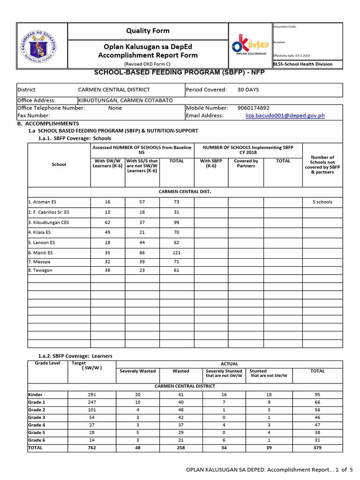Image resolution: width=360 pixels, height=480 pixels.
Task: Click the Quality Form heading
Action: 148,31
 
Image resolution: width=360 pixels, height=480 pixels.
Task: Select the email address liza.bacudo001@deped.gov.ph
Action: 285,115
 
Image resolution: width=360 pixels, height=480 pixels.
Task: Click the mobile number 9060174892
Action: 254,108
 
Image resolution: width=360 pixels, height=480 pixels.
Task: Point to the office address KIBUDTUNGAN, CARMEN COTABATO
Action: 125,100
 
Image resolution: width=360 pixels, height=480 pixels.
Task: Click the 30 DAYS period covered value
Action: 248,90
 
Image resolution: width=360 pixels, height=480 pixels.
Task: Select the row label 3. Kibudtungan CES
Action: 49,222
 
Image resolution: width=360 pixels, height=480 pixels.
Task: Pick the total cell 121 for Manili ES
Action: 176,253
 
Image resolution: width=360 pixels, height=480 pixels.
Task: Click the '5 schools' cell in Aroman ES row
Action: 322,202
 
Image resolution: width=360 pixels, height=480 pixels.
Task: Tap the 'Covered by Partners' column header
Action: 246,163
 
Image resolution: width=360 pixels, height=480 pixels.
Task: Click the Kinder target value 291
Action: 92,394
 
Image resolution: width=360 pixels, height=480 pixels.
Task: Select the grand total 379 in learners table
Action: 317,448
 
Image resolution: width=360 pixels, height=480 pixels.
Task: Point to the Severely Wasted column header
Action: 137,371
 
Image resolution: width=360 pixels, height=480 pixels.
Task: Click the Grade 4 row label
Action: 37,425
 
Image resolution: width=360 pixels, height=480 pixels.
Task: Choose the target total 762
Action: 92,448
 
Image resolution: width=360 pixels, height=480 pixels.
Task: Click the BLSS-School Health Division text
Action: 303,64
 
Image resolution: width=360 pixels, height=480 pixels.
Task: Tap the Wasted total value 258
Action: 180,448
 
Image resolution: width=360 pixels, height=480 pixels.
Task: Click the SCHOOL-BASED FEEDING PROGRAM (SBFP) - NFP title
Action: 180,73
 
